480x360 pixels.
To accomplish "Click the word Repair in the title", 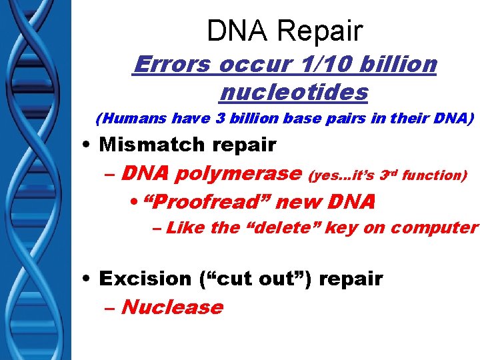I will [322, 31].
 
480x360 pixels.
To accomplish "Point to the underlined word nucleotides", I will [293, 92].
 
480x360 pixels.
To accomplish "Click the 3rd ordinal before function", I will [389, 175].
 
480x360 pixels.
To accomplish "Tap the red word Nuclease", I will [172, 307].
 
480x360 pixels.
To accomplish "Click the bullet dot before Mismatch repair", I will [88, 145].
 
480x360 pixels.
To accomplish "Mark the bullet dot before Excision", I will [88, 279].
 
